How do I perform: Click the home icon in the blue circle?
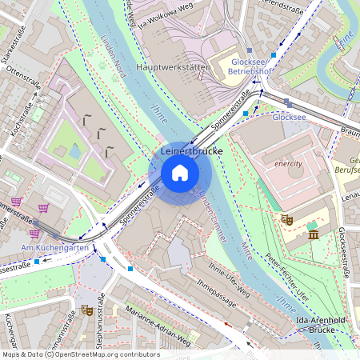(x=180, y=173)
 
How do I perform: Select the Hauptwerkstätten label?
(x=174, y=68)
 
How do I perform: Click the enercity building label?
(x=288, y=163)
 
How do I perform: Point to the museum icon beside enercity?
(x=313, y=234)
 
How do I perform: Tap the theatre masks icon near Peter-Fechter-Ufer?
(x=286, y=218)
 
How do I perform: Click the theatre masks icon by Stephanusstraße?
(x=86, y=309)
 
